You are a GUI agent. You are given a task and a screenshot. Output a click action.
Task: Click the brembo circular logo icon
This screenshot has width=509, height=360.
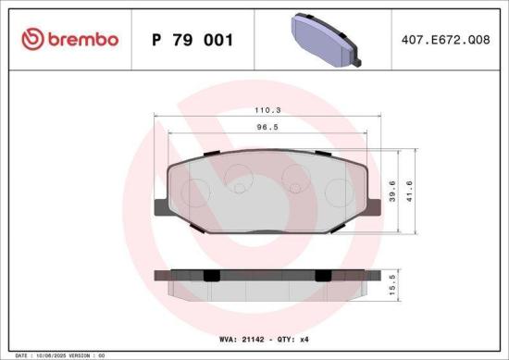tap(33, 40)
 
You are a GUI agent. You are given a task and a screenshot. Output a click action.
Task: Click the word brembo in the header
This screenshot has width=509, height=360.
tap(83, 40)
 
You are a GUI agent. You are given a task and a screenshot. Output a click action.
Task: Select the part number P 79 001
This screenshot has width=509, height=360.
tap(191, 41)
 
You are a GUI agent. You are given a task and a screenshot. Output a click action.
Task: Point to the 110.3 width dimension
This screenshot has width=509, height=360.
tap(267, 109)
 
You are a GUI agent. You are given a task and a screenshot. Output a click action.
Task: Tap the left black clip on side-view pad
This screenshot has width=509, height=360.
tap(211, 275)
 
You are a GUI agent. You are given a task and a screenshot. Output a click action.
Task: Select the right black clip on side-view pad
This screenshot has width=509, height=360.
tap(323, 275)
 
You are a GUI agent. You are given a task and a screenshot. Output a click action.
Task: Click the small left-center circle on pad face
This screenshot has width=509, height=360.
tap(239, 189)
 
